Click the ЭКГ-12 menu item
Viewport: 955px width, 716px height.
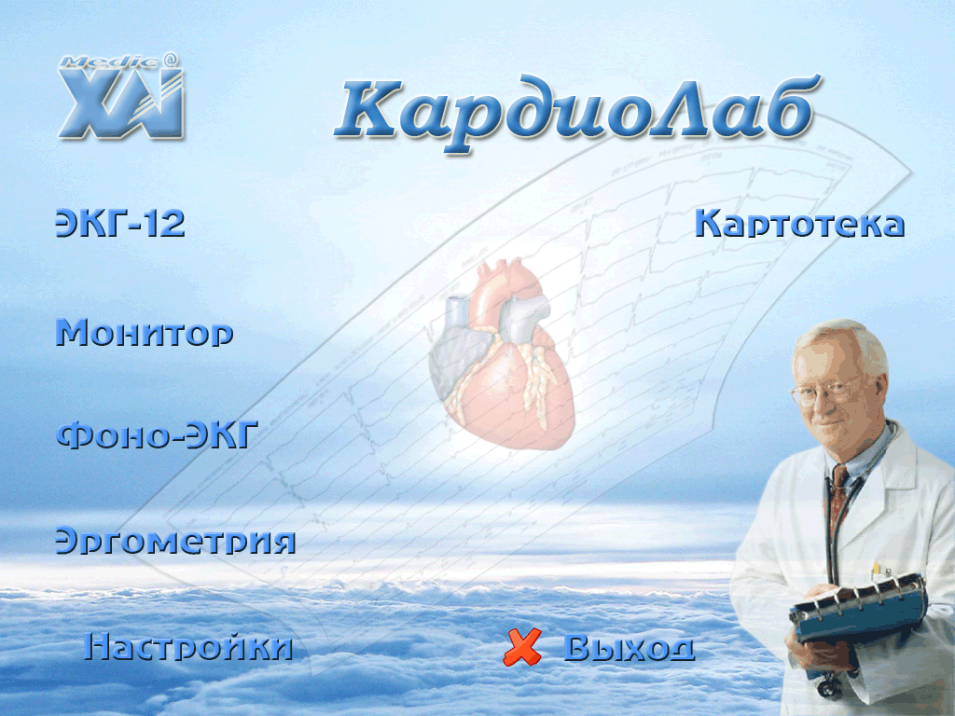pos(120,223)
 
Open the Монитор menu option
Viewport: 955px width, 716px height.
pos(145,333)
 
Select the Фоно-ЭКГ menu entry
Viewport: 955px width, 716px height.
pos(158,434)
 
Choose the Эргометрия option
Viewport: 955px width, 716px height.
pos(175,540)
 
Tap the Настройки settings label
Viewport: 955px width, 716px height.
pos(188,647)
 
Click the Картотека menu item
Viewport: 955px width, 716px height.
pos(799,223)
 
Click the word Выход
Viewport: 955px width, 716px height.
pos(630,647)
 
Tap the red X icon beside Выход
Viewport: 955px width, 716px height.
pos(522,647)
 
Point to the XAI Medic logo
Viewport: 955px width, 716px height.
pos(121,96)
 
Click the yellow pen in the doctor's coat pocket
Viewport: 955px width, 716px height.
pos(877,571)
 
